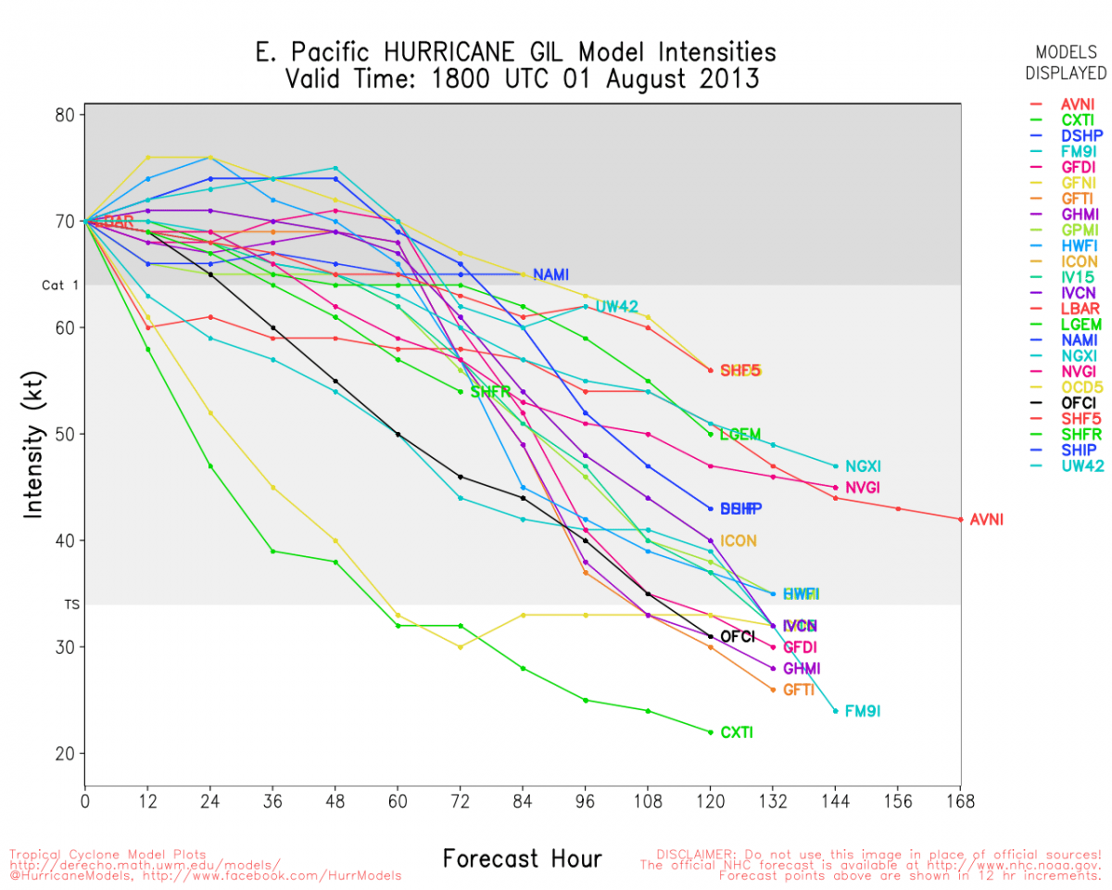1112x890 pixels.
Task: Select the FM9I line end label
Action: [x=862, y=711]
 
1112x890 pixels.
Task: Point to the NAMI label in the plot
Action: [x=550, y=274]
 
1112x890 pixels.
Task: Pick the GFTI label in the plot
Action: [x=798, y=690]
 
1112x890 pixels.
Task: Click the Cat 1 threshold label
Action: [x=54, y=286]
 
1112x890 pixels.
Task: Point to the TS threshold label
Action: [x=71, y=604]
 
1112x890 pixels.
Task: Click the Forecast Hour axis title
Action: [x=522, y=858]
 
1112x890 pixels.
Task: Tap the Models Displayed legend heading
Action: [x=1070, y=62]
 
